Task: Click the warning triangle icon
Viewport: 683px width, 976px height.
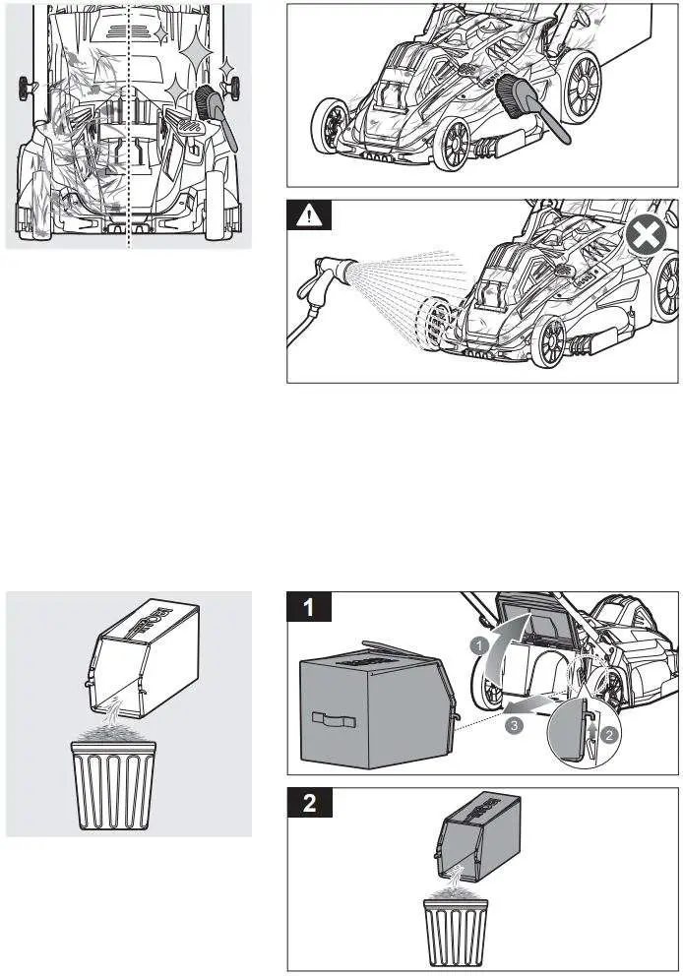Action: pos(309,217)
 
